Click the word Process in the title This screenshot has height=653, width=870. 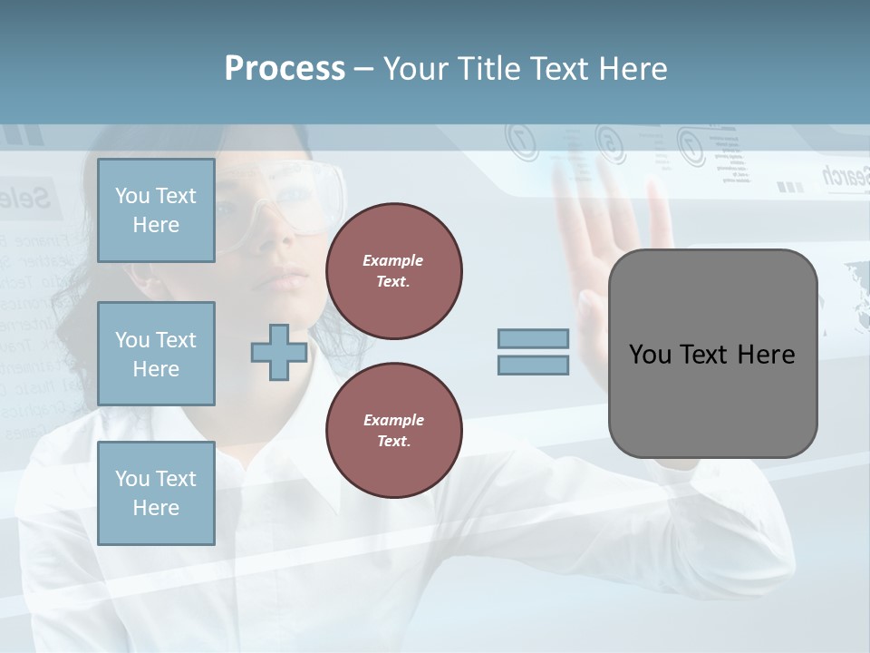tap(285, 69)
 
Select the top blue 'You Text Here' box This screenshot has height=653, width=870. tap(156, 210)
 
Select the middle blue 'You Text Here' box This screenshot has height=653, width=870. tap(156, 354)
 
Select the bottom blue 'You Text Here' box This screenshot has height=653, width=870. tap(156, 493)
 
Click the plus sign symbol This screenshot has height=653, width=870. tap(279, 352)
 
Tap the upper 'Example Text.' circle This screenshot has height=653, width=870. tap(394, 270)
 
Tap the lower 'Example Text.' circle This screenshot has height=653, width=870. tap(394, 430)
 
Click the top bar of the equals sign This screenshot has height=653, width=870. tap(533, 338)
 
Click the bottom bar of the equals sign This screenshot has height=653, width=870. tap(533, 365)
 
